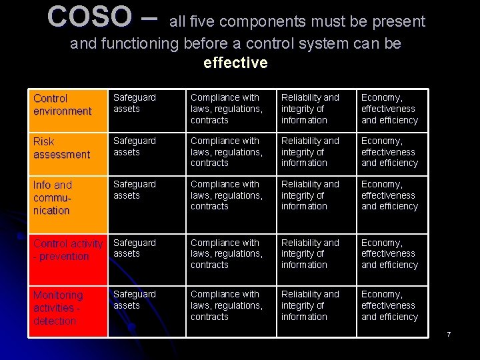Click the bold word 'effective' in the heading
tap(235, 63)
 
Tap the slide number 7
tap(449, 333)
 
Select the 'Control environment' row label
tap(62, 105)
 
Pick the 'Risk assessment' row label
tap(61, 148)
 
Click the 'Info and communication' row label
tap(53, 197)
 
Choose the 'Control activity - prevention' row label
tap(67, 250)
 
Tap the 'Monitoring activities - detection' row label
tap(58, 307)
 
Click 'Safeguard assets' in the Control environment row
tap(135, 103)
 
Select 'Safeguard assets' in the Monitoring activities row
tap(135, 300)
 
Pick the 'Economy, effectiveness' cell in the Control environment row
tap(389, 109)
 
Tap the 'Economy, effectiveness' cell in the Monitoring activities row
tap(389, 305)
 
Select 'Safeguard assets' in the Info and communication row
tap(135, 190)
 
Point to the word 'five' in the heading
tap(202, 21)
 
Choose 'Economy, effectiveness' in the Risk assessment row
tap(389, 152)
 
